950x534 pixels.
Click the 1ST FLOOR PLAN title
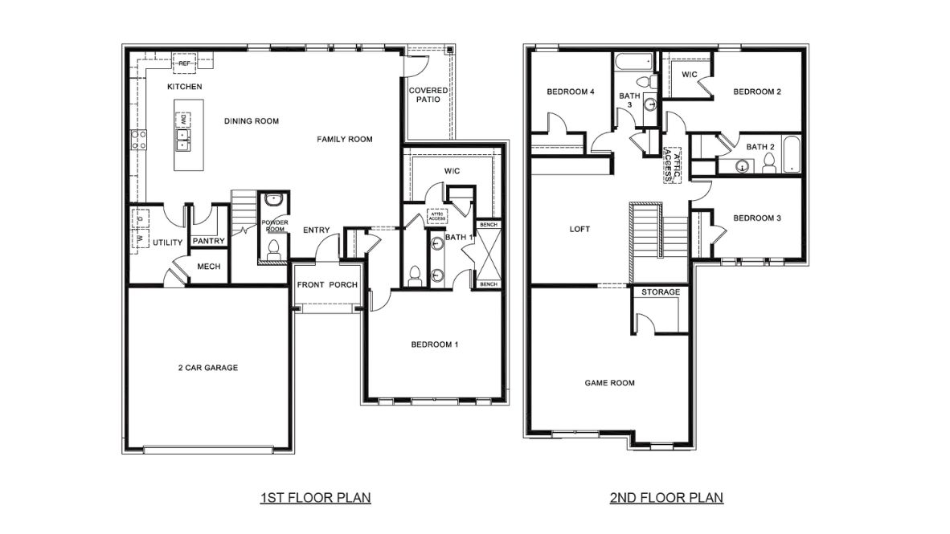[315, 498]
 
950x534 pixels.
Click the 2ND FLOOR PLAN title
[666, 498]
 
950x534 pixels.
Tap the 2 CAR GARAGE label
[207, 368]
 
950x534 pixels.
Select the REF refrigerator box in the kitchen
[184, 63]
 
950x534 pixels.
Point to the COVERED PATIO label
[428, 95]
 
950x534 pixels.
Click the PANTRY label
[209, 241]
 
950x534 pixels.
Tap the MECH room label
[208, 267]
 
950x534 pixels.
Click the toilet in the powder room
[273, 247]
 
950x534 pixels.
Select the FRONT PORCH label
[327, 285]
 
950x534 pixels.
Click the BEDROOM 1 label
[434, 344]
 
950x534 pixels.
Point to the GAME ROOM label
[609, 383]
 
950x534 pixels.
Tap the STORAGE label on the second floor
[661, 292]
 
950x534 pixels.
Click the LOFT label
[579, 229]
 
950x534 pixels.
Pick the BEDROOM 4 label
[570, 92]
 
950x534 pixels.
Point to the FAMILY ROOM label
[344, 139]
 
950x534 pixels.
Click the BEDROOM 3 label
[757, 218]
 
